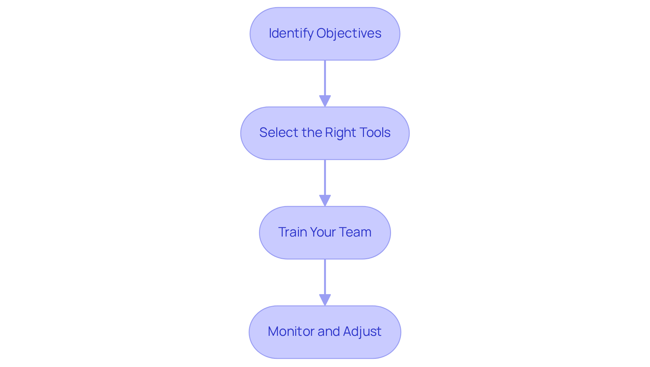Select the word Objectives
349,33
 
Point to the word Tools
374,132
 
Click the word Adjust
362,331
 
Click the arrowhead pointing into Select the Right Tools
325,101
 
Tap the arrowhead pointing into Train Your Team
325,200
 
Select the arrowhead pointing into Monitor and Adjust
325,300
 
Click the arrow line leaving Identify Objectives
325,78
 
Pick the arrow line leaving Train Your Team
325,277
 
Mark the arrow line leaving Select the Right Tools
325,177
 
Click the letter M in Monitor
273,331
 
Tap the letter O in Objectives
321,33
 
